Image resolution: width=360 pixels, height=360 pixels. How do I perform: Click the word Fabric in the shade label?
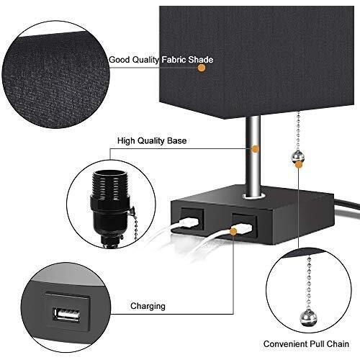coord(174,60)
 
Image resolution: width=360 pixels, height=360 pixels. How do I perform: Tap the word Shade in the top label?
coord(200,60)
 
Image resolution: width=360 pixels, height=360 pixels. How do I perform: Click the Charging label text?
coord(148,306)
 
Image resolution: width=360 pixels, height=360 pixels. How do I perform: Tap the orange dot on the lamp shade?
coord(202,68)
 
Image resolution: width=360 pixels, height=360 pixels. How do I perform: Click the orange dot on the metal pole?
coord(256,149)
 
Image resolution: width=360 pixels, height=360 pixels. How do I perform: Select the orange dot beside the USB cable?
coord(233,232)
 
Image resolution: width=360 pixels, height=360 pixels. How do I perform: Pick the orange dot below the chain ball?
coord(299,165)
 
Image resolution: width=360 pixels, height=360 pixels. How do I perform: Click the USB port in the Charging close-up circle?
coord(67,314)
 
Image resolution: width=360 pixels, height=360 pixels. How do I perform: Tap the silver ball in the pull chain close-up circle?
coord(308,318)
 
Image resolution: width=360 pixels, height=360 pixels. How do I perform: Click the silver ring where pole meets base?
coord(254,196)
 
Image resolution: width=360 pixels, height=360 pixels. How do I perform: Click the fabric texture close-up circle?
coord(55,74)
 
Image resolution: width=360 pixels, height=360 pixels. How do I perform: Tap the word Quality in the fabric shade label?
coord(145,60)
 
